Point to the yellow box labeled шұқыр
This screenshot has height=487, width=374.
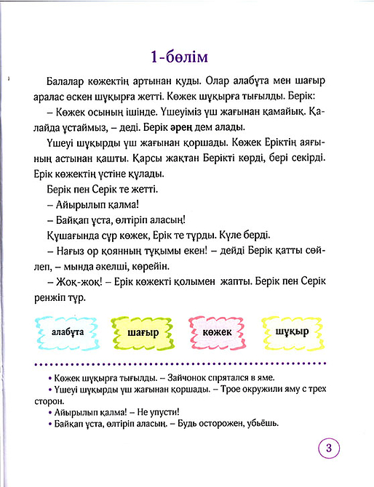(x=293, y=331)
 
